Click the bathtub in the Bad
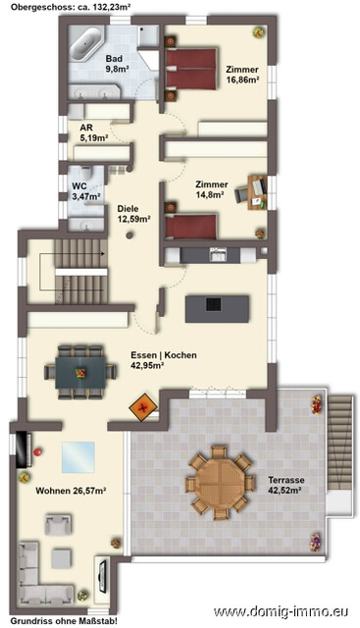(x=87, y=43)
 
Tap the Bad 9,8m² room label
(x=117, y=64)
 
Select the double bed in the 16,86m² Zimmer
(x=191, y=69)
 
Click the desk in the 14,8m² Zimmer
(x=257, y=192)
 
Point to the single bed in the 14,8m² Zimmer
(x=191, y=227)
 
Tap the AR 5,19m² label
(x=94, y=133)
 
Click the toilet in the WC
(x=86, y=174)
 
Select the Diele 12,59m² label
(x=133, y=214)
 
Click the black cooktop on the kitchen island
(x=214, y=305)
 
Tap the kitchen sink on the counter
(x=218, y=255)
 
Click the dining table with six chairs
(x=80, y=373)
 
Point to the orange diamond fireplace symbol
(x=143, y=408)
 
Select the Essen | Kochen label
(x=164, y=355)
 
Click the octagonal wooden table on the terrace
(x=220, y=483)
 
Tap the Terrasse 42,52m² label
(x=285, y=484)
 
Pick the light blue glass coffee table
(x=78, y=457)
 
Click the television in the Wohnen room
(x=103, y=576)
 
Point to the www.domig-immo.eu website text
(x=281, y=611)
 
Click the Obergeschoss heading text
(x=71, y=7)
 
